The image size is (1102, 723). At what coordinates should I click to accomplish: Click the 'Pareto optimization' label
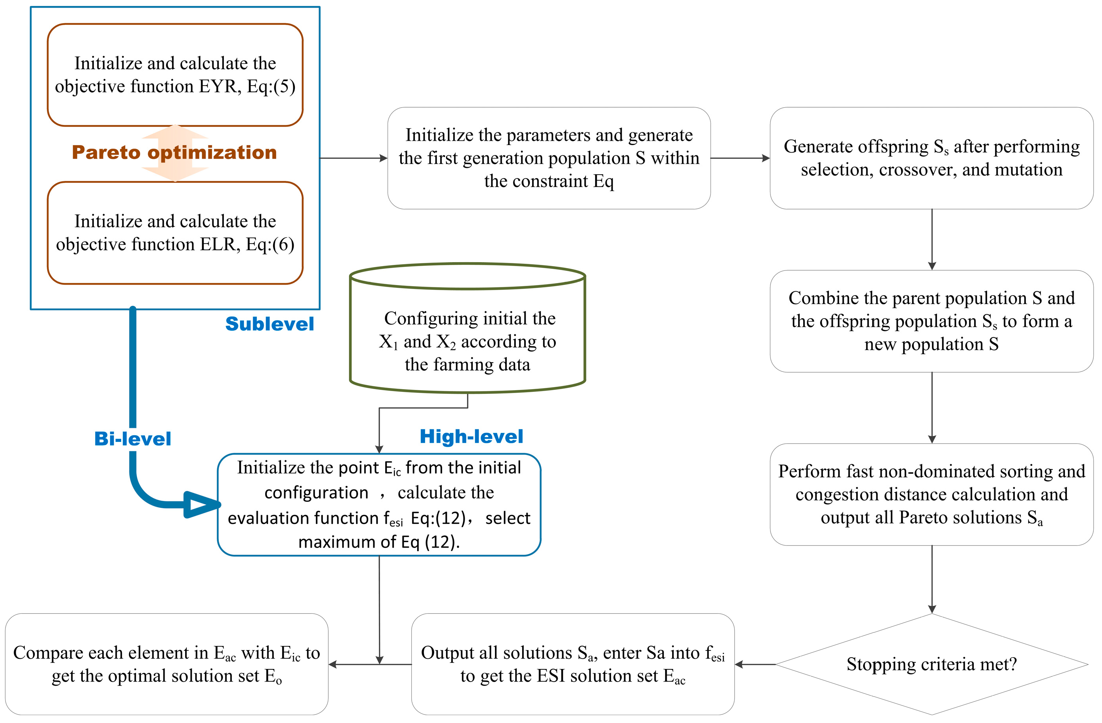point(174,153)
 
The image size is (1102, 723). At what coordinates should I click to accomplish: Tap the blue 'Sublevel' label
point(270,324)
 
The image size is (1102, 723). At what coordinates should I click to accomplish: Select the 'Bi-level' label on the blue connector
point(133,438)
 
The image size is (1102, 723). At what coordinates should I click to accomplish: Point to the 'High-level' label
point(471,436)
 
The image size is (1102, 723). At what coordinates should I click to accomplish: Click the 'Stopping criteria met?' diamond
point(931,664)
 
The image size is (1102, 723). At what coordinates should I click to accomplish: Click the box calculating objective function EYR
point(175,75)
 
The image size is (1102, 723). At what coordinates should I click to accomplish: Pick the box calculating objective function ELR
point(175,233)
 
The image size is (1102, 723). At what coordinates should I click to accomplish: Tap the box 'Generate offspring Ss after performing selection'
point(931,158)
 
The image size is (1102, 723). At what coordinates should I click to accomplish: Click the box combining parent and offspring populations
point(931,321)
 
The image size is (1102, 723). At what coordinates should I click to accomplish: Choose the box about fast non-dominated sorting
point(931,494)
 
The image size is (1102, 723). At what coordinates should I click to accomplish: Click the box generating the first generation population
point(549,158)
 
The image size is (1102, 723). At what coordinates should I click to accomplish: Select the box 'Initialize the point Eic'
point(379,504)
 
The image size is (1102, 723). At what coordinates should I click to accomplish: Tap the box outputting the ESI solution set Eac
point(572,664)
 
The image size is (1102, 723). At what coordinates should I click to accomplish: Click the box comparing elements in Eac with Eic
point(167,664)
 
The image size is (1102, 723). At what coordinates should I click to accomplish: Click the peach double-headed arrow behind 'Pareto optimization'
point(175,134)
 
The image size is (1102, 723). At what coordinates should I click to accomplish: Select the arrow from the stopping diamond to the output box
point(755,664)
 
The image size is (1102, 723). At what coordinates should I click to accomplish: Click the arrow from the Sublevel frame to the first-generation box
point(353,158)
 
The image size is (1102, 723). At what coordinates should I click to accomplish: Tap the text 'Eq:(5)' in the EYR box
point(271,86)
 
